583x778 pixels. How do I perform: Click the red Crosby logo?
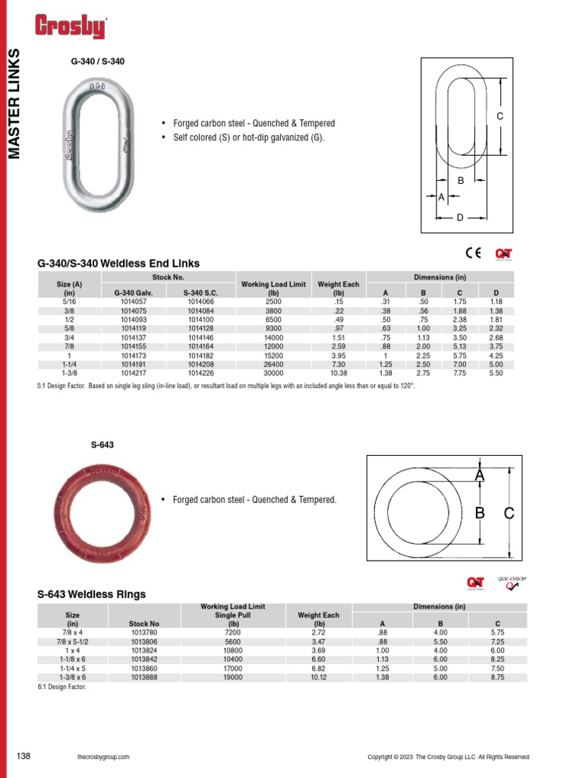70,27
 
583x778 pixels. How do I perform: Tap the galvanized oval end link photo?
93,146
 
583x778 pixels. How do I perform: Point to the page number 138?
24,756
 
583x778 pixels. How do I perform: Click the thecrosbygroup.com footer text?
103,757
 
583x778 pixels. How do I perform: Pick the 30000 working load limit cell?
273,373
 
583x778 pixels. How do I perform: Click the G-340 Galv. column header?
133,293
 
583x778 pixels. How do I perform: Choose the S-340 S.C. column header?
200,293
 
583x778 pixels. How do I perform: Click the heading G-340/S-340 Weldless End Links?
118,264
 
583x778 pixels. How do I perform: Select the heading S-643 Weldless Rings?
91,594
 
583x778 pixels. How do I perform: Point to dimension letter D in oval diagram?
460,217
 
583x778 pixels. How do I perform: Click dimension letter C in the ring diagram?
509,514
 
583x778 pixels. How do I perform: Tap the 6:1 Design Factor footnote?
62,687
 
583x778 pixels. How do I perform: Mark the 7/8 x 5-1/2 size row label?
73,641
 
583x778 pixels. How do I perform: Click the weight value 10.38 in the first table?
339,373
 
